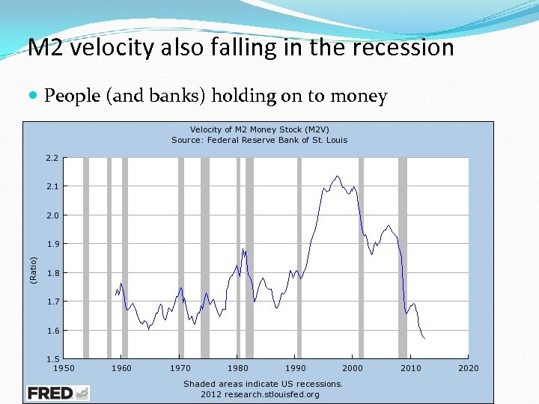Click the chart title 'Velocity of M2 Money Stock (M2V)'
[259, 129]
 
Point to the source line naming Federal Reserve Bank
[259, 140]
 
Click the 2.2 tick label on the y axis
[51, 158]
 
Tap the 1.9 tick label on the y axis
[51, 244]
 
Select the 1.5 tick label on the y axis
[51, 359]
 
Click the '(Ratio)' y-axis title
[33, 269]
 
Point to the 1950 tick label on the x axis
[64, 368]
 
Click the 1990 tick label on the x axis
[295, 368]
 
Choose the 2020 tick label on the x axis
[469, 368]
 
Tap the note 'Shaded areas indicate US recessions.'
[263, 384]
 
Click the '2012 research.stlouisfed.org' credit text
[260, 394]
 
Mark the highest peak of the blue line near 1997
[338, 176]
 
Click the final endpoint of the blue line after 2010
[424, 339]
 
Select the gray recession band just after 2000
[361, 258]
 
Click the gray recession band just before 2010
[403, 258]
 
